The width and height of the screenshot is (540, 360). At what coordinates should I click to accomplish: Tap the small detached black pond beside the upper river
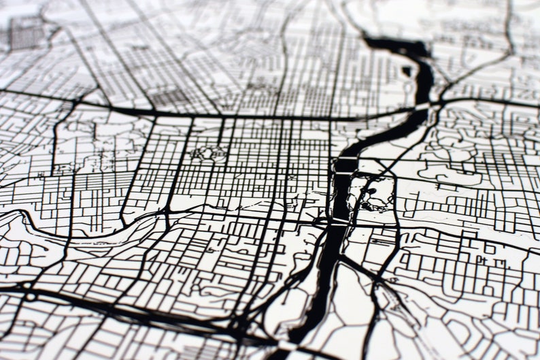pos(407,70)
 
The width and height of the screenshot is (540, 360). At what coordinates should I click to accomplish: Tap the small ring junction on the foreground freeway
pos(30,297)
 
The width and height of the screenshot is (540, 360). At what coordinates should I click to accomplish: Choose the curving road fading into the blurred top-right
pos(507,34)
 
